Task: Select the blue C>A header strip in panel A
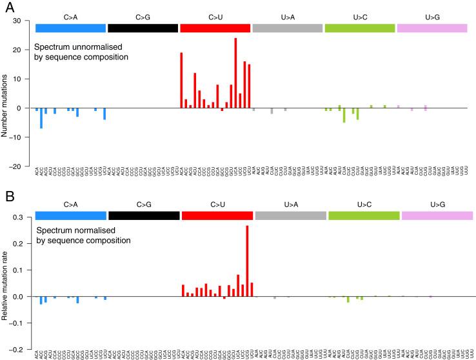pos(71,28)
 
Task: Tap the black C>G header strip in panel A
pos(143,28)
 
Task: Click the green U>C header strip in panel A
pos(360,28)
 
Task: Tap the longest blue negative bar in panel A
pos(41,118)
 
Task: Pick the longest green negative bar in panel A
pos(344,115)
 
